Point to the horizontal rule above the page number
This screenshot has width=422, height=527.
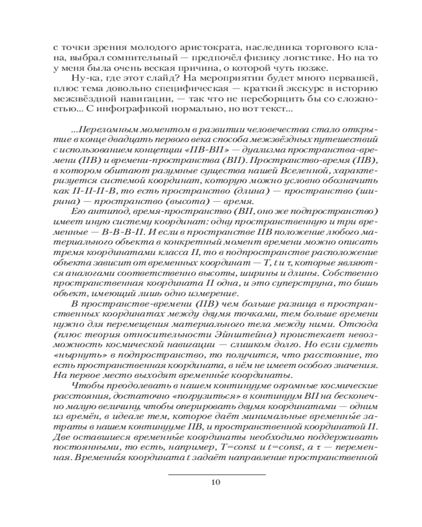(217, 474)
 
